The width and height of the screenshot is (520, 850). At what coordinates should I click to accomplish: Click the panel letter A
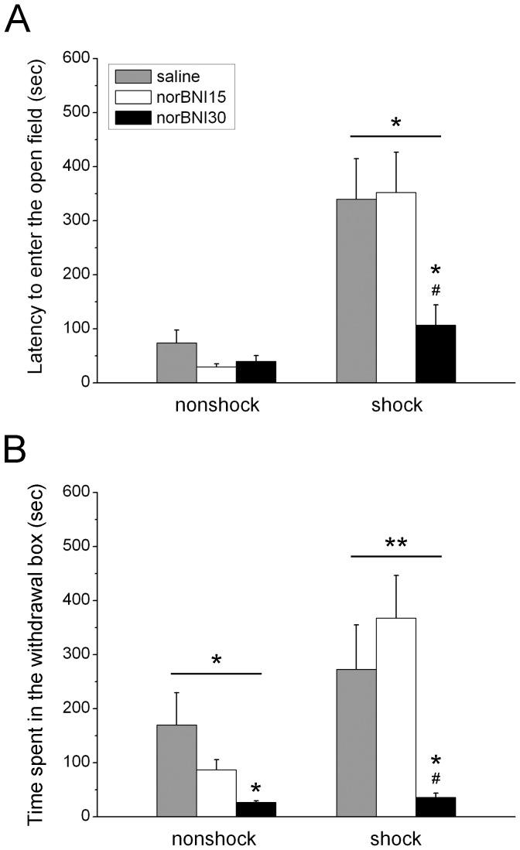tap(18, 19)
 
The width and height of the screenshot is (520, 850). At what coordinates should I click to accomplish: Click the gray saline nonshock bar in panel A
tap(176, 363)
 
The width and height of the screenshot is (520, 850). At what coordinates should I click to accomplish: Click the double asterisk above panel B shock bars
tap(396, 543)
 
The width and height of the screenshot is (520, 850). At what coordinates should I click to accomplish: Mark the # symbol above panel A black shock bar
tap(436, 289)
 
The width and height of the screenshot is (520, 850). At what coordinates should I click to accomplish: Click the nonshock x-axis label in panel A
tap(217, 405)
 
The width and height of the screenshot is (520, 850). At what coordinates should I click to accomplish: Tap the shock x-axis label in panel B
tap(396, 838)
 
